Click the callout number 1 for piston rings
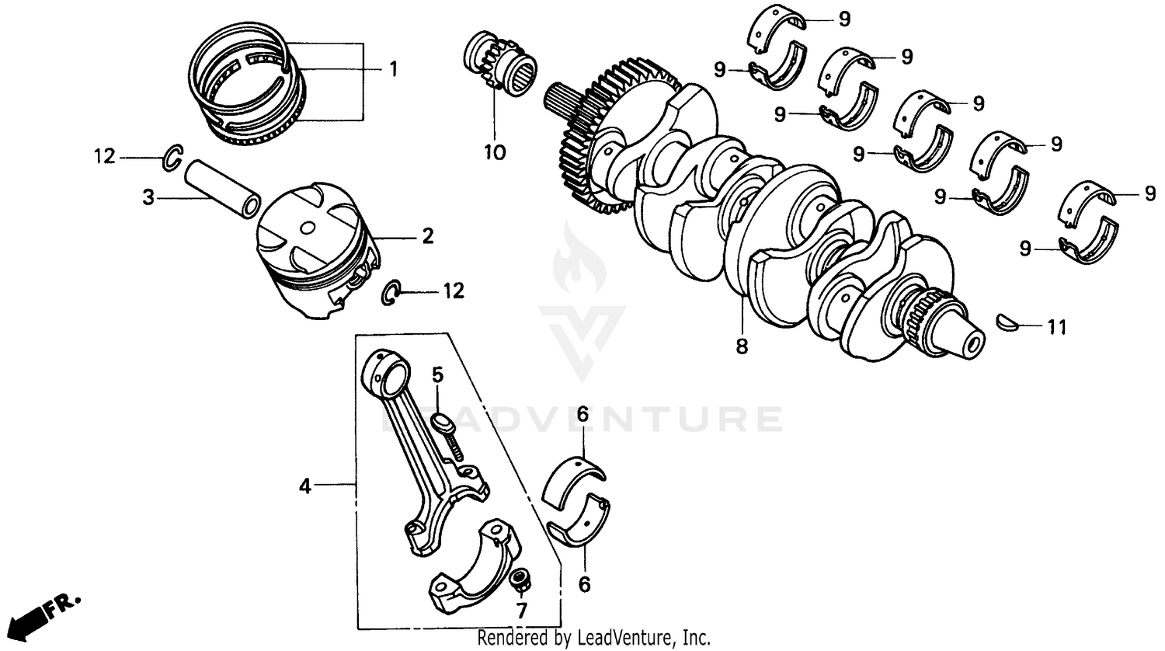393,69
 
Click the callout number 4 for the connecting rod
305,486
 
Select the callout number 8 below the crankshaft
742,346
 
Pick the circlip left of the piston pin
173,156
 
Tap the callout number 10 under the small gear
495,152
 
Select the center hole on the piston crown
309,228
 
